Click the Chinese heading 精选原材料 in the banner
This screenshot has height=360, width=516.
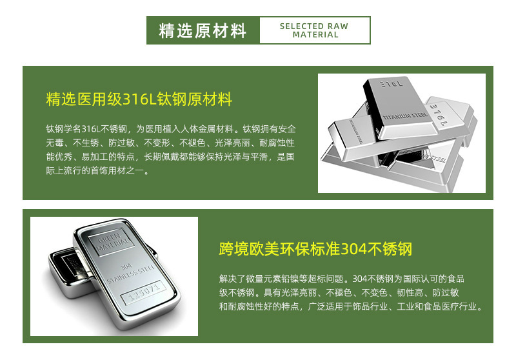(203, 30)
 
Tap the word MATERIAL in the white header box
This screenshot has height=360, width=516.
(315, 35)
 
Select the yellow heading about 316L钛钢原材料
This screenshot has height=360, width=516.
(139, 99)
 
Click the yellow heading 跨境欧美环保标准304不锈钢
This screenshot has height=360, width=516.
(315, 249)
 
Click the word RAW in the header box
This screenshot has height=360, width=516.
(338, 26)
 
